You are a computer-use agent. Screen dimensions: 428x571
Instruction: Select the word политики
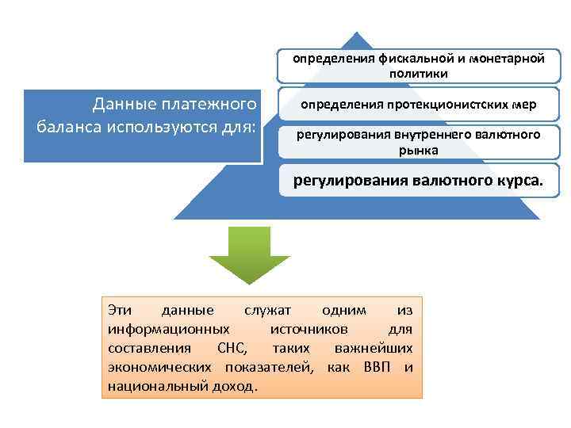point(418,74)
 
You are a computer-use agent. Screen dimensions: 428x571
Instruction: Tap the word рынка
point(418,149)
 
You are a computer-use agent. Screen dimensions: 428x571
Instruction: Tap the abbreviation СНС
point(231,348)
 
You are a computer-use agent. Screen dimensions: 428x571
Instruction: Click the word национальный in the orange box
point(152,386)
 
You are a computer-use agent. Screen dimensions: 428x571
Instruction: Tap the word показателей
point(269,367)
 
